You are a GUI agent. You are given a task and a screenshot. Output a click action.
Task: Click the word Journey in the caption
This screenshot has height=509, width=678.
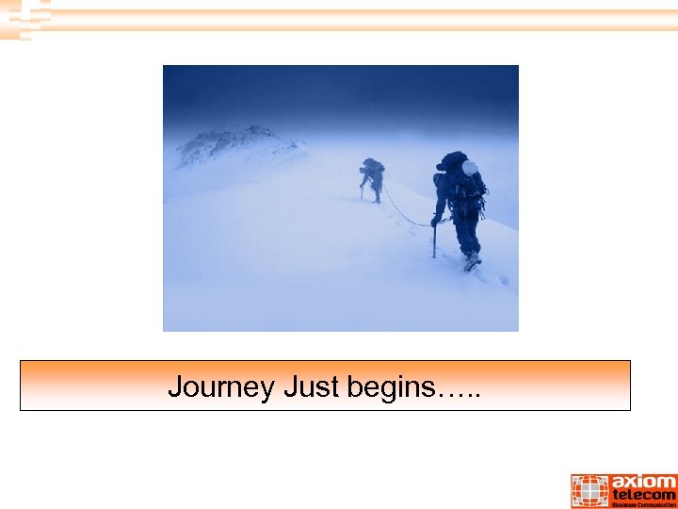(220, 386)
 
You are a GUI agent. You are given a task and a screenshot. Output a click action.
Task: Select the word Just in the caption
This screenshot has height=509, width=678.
(306, 386)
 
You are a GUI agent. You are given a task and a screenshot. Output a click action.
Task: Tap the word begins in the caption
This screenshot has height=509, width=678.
(386, 386)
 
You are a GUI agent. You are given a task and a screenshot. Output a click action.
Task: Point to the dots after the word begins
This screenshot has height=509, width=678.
(459, 392)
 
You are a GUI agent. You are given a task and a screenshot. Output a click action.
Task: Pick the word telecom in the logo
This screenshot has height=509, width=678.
(644, 494)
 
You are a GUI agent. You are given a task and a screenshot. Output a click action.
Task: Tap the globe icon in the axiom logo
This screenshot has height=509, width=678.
(589, 491)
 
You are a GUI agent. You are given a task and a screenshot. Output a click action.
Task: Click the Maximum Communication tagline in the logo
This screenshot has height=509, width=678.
(644, 504)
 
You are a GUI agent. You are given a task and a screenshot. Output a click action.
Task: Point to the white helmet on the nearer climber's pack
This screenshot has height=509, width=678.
(469, 168)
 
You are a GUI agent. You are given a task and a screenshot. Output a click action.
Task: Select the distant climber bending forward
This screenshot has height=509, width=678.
(373, 176)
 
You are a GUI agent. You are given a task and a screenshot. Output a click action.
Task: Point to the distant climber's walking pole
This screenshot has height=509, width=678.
(361, 191)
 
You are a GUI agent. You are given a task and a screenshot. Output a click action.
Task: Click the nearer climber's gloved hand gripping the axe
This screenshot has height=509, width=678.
(435, 221)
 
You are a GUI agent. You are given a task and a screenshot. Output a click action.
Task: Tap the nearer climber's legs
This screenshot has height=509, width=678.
(465, 231)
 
